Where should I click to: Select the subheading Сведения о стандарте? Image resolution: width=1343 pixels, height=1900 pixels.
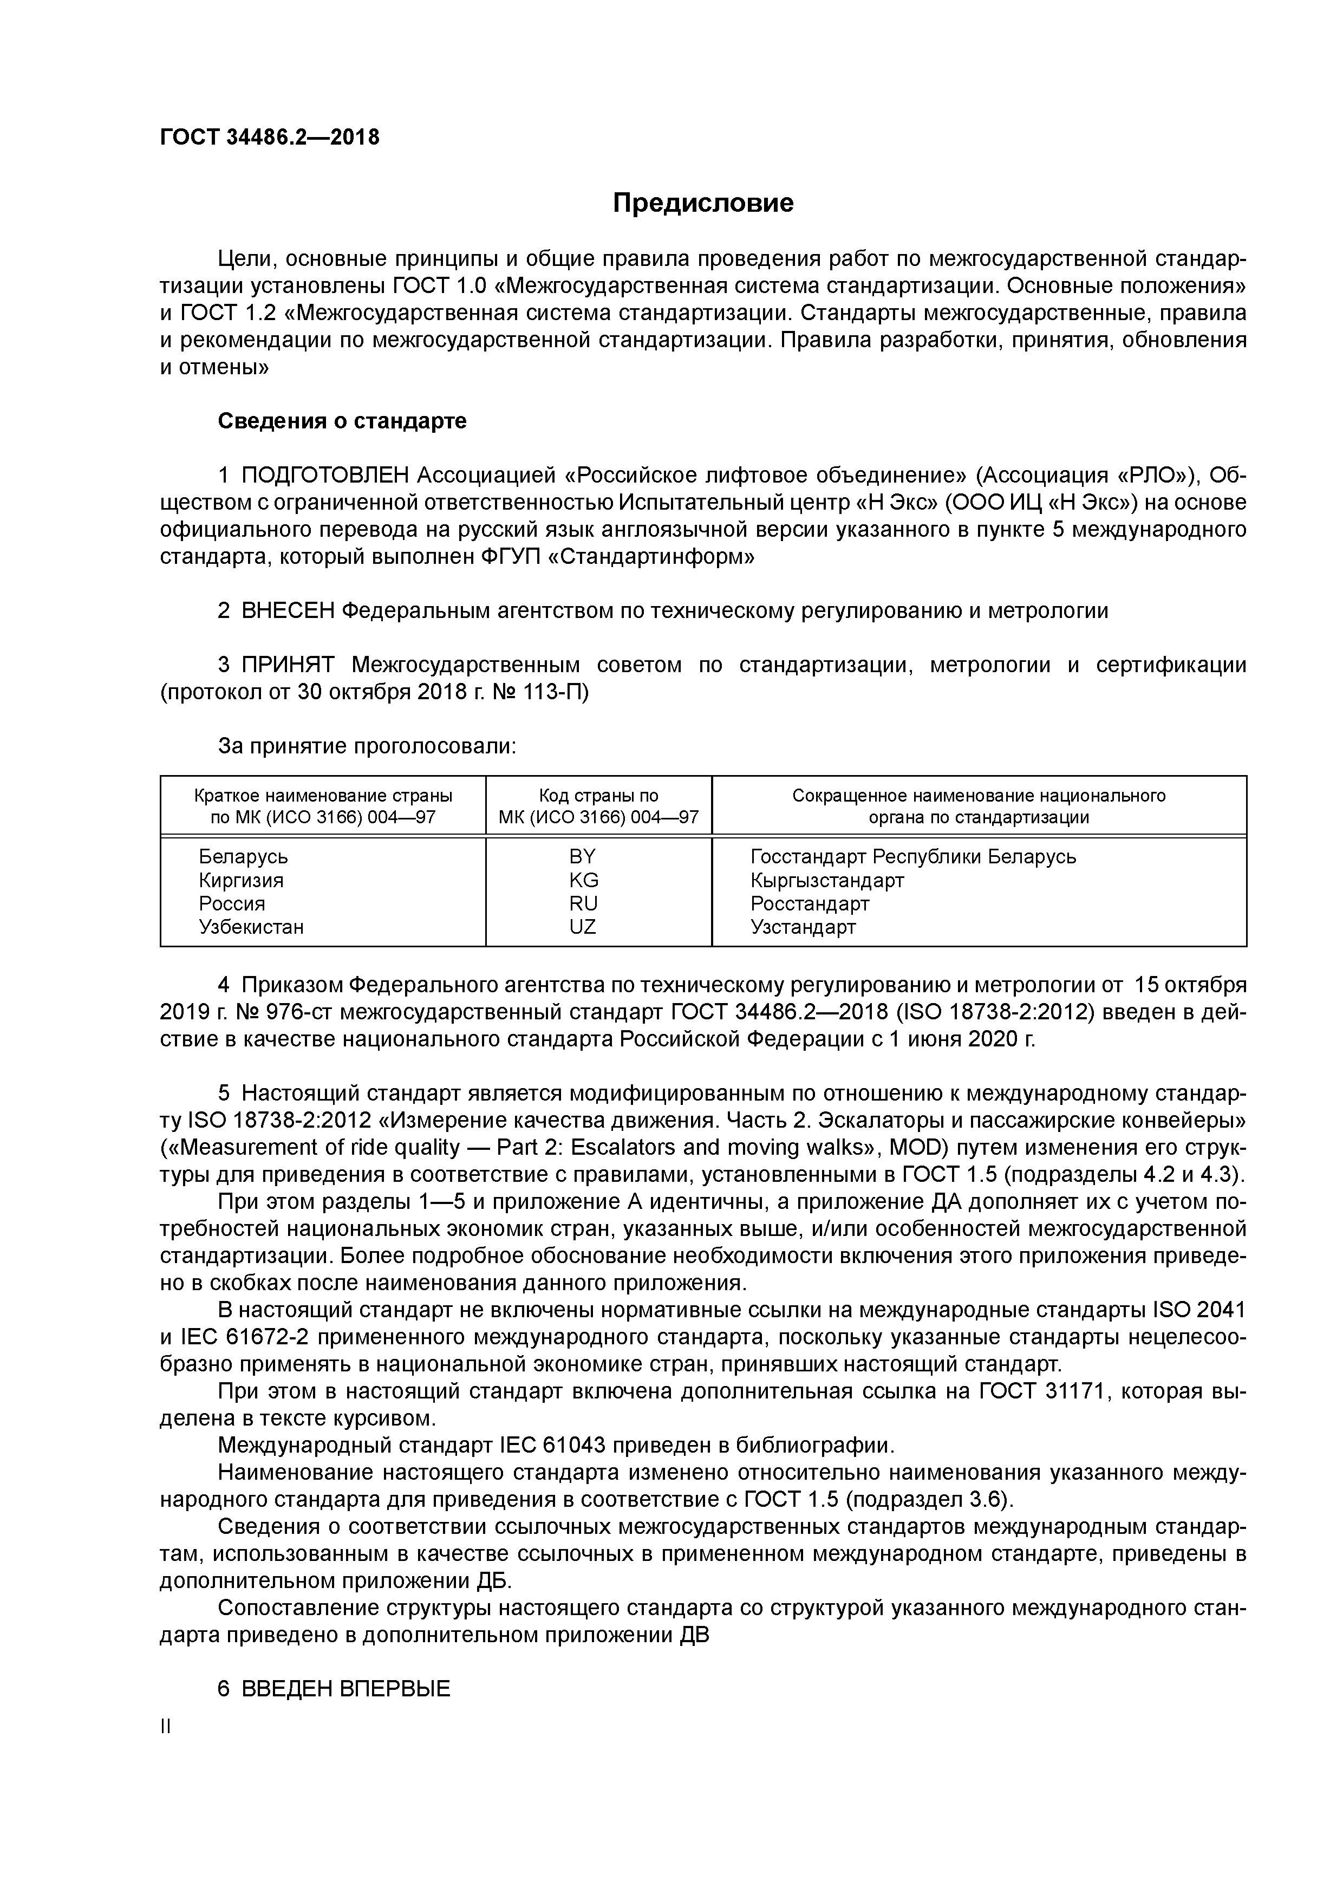click(342, 421)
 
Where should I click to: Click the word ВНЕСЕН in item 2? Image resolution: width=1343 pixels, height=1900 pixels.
click(288, 611)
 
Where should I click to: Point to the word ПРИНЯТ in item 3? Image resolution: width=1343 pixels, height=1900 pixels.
click(288, 665)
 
